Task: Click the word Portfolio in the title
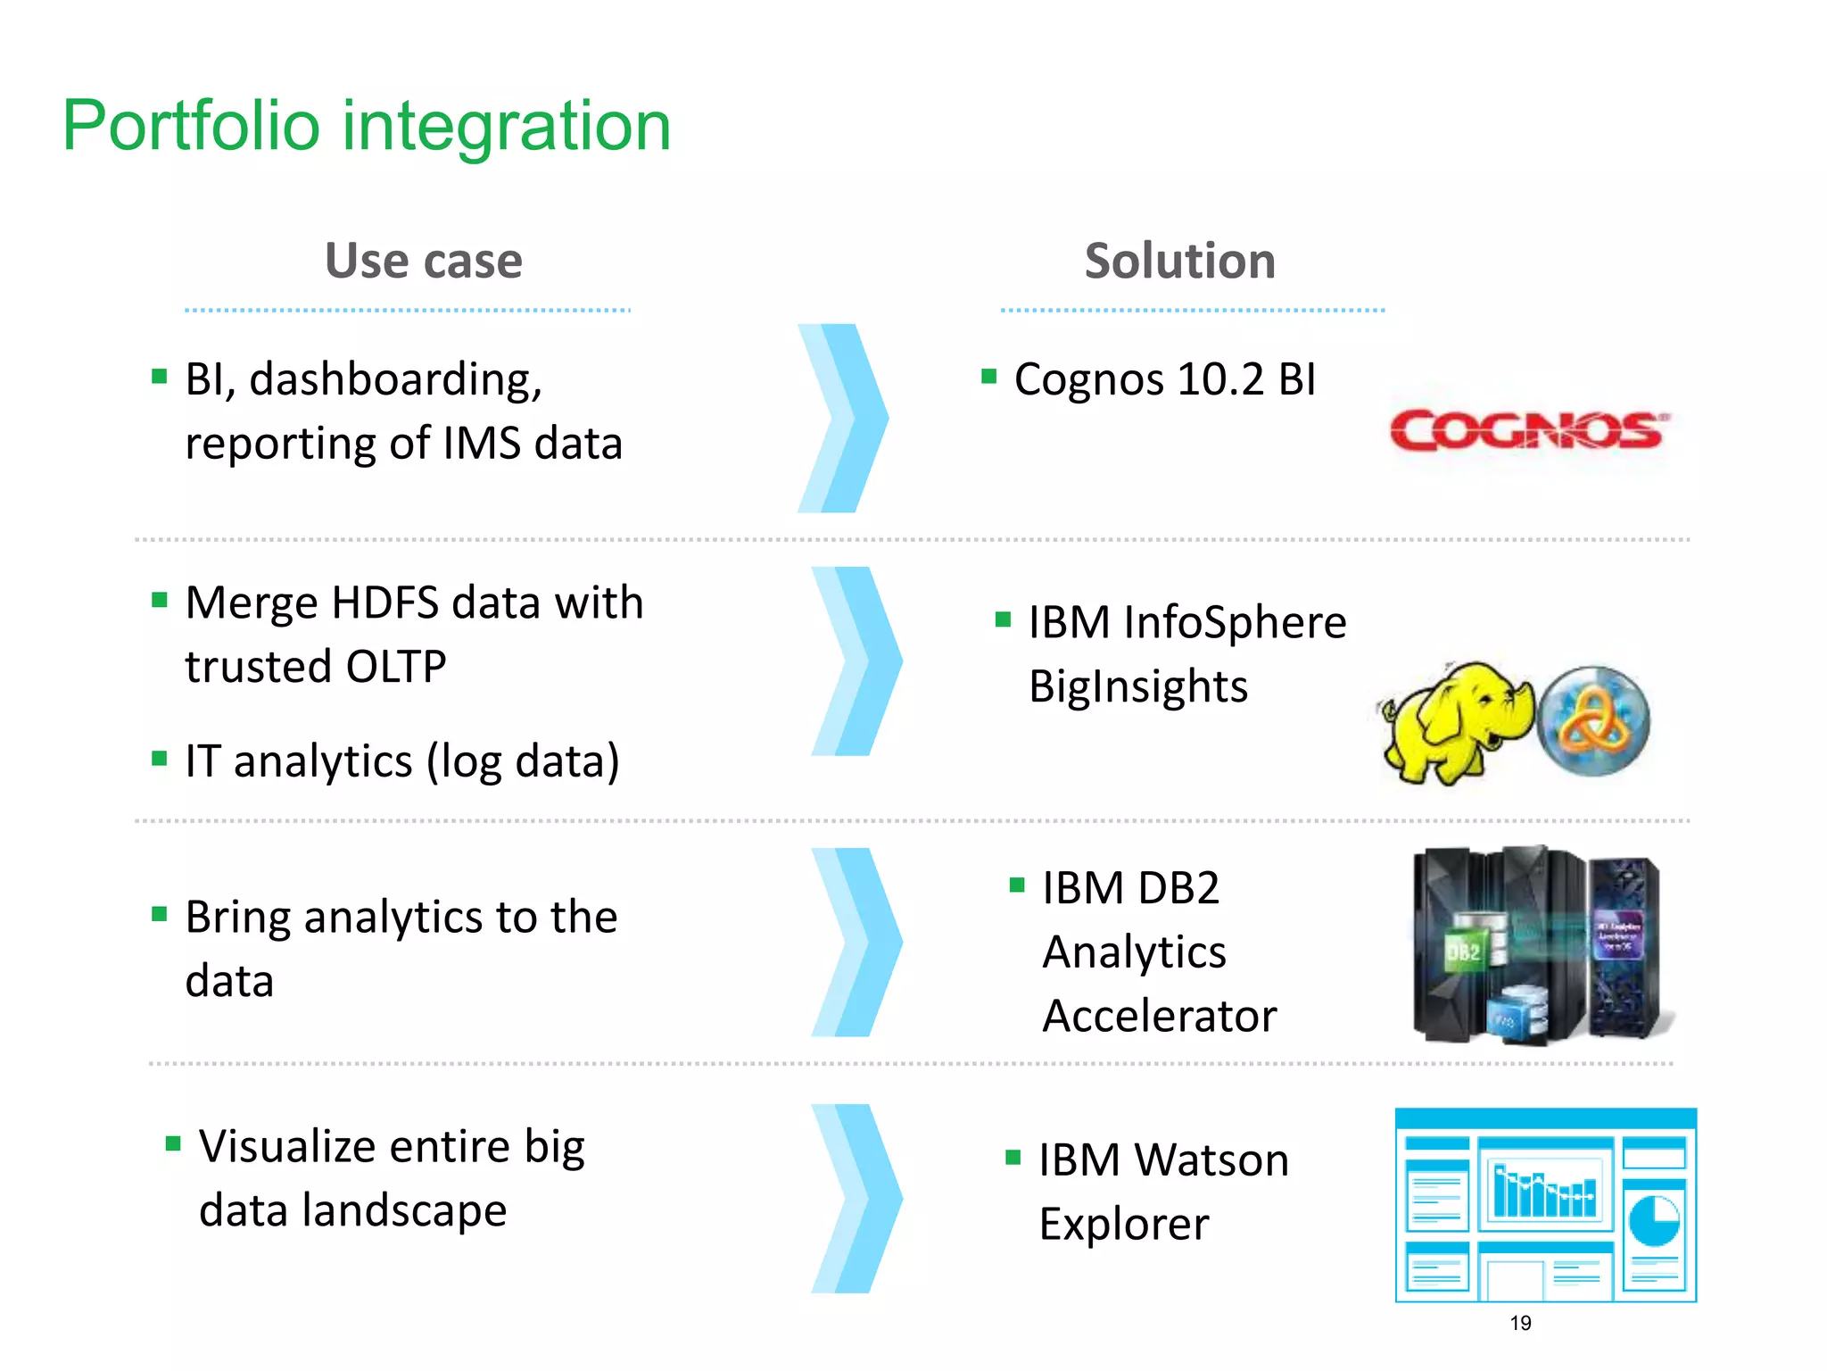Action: (190, 126)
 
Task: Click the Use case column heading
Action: (423, 261)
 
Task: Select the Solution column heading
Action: (1179, 261)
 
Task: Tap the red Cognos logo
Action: (1528, 431)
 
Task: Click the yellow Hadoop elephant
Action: (1454, 721)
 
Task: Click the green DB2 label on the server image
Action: (1463, 951)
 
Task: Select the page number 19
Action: (1520, 1323)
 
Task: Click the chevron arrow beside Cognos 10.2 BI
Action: (843, 418)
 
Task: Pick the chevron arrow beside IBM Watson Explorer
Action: (856, 1199)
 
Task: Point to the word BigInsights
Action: (1137, 686)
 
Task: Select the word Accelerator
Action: (1159, 1016)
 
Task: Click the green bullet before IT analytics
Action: (160, 759)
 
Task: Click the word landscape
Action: (403, 1211)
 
